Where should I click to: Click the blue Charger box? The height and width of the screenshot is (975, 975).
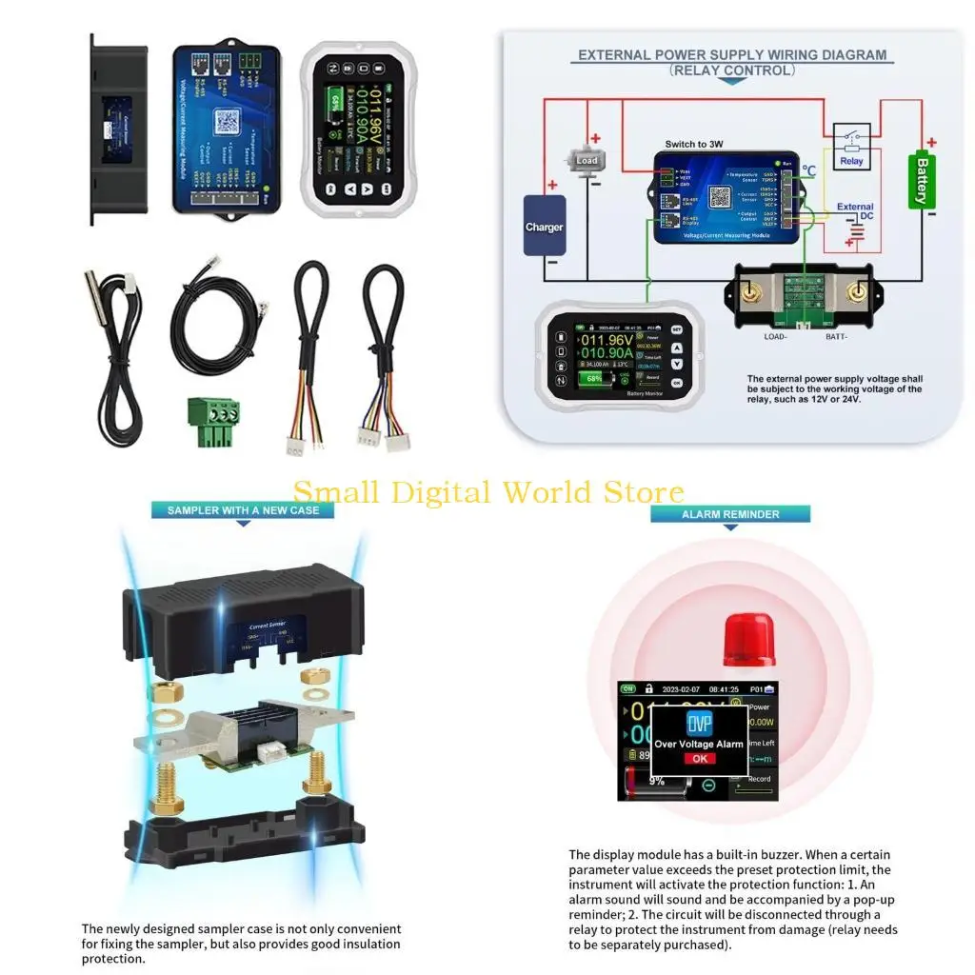[x=545, y=227]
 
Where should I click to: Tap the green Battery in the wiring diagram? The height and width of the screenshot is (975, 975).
[x=921, y=180]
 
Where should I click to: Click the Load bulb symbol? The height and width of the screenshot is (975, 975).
[x=587, y=161]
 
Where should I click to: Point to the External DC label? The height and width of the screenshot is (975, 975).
[x=854, y=211]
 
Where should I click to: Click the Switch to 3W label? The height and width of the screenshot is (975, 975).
[x=694, y=144]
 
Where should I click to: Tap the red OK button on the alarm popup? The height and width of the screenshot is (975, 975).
[x=699, y=759]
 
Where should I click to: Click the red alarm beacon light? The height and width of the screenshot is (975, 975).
[x=749, y=639]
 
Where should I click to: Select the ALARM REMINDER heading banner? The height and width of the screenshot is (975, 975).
[x=730, y=514]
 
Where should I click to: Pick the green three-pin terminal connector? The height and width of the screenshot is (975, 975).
[x=213, y=420]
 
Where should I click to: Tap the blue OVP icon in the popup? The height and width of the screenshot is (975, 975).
[x=700, y=724]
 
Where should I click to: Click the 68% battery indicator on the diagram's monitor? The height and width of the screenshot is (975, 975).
[x=593, y=378]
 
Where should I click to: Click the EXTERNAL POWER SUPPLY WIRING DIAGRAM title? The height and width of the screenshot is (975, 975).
[x=732, y=55]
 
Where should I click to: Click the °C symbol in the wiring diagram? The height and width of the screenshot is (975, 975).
[x=808, y=171]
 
